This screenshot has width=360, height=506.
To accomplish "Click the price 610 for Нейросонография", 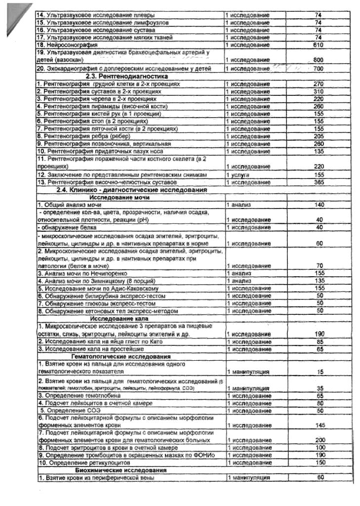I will coord(318,45).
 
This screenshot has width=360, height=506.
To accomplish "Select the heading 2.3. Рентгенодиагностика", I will coord(127,77).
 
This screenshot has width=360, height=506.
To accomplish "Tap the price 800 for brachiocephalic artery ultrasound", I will coord(318,60).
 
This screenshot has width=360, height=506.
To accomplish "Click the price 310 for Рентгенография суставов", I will coord(318,91).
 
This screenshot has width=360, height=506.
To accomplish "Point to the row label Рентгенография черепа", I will coord(89,99).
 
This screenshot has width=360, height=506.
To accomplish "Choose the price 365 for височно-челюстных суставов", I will coord(318,183).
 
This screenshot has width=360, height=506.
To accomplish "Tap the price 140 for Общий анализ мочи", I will coord(319,205).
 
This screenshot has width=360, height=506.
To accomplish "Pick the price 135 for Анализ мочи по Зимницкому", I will coord(319,280).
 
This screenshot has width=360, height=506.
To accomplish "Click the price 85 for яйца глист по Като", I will coord(320,341).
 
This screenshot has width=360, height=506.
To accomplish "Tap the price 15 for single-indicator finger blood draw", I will coord(320,371).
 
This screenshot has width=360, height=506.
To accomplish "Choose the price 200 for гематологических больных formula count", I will coord(320,440).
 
